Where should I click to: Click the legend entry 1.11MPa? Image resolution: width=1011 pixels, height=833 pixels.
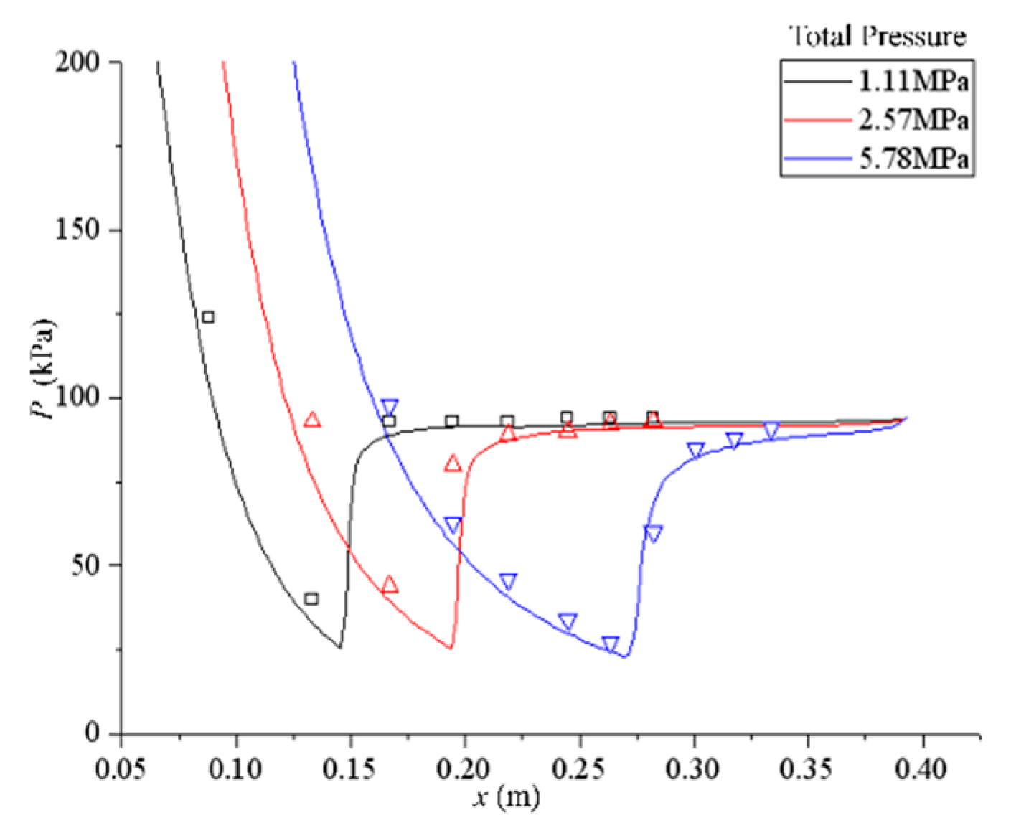click(913, 82)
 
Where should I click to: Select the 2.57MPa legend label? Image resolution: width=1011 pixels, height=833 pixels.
click(913, 120)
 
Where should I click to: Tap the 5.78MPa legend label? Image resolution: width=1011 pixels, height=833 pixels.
click(913, 159)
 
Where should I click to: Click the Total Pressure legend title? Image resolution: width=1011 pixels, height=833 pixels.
click(877, 36)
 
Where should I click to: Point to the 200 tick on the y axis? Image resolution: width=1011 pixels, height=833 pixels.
click(80, 62)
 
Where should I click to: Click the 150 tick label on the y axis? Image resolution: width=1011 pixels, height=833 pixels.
click(80, 230)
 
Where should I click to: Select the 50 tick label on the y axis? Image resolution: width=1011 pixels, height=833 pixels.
click(87, 565)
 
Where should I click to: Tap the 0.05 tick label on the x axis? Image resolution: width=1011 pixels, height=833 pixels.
click(121, 768)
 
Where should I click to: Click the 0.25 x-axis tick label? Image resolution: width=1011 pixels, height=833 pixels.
click(579, 768)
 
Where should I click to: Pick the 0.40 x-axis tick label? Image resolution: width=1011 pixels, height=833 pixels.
click(923, 768)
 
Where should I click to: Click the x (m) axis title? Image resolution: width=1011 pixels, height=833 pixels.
click(506, 796)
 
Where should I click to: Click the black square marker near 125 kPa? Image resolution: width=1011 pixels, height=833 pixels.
click(208, 316)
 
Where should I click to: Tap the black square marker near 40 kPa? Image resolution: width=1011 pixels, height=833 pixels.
click(311, 598)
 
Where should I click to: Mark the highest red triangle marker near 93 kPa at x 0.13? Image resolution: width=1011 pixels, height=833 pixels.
click(311, 420)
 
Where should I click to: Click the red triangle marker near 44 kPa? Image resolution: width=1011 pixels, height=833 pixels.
click(390, 585)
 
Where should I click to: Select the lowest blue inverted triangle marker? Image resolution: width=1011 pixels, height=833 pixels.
click(610, 644)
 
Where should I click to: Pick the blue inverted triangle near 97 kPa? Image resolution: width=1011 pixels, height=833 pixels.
click(389, 407)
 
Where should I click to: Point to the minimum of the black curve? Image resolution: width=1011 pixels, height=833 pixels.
click(340, 647)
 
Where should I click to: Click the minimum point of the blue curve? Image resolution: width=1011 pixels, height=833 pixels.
click(625, 656)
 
